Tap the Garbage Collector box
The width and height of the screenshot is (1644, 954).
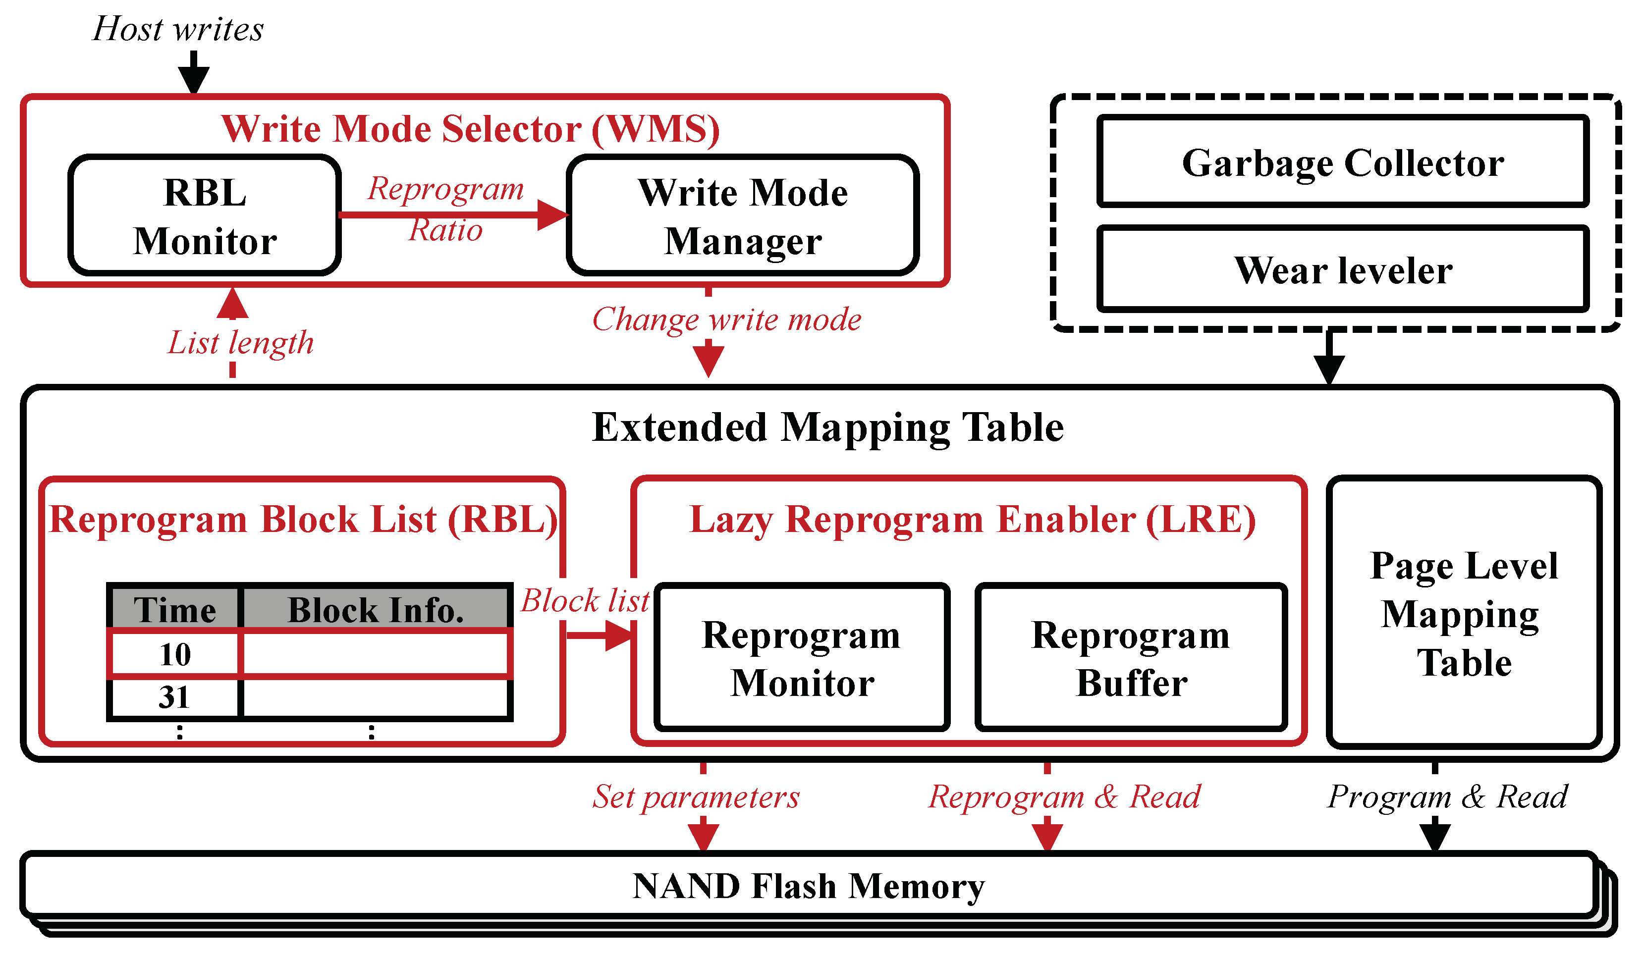tap(1343, 161)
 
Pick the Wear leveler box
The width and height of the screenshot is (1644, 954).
tap(1343, 269)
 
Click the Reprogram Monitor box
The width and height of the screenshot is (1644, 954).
tap(801, 658)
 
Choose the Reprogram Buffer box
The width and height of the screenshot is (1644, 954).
tap(1131, 658)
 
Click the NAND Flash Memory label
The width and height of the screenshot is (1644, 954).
tap(808, 886)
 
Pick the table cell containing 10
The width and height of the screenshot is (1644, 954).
tap(175, 654)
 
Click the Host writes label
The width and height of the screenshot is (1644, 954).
tap(178, 29)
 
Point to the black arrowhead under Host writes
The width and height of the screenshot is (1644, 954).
tap(194, 80)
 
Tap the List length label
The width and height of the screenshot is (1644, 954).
tap(241, 342)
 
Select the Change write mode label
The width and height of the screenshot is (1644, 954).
tap(726, 319)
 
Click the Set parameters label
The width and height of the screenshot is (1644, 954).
tap(696, 797)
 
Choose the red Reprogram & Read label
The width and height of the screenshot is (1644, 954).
tap(1064, 797)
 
